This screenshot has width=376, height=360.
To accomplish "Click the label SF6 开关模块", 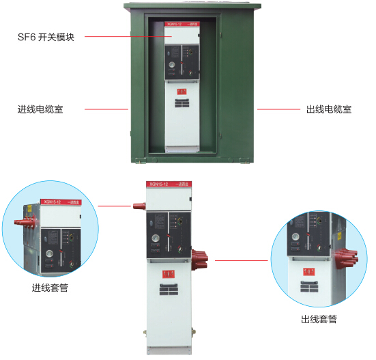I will tap(45, 37).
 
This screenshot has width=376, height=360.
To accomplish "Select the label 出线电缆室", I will tap(328, 109).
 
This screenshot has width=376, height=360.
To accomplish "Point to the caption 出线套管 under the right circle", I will tap(319, 319).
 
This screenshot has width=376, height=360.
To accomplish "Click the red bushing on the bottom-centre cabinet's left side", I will tap(139, 205).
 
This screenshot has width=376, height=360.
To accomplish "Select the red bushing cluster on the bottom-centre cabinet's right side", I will tap(202, 260).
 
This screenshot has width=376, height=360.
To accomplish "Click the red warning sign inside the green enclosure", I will tap(181, 91).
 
